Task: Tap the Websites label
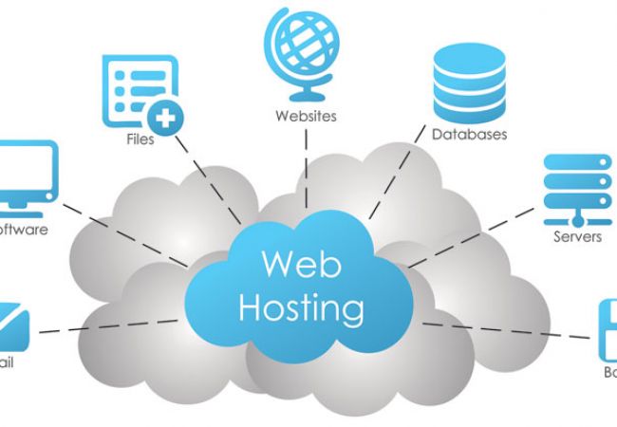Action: [306, 117]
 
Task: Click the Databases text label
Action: [469, 135]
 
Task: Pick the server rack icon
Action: [576, 186]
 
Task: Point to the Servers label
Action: [577, 236]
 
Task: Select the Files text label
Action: [140, 139]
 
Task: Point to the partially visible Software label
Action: [23, 230]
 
